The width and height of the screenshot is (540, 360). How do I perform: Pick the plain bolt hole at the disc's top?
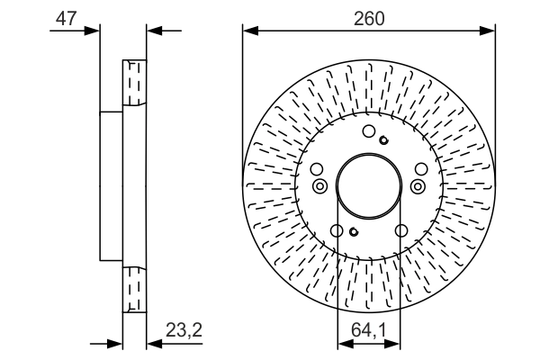click(x=368, y=132)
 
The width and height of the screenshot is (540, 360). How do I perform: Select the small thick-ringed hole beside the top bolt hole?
click(x=383, y=139)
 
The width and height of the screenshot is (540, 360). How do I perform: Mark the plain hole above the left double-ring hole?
click(x=315, y=169)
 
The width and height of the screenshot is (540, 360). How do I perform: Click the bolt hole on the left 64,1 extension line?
click(x=337, y=231)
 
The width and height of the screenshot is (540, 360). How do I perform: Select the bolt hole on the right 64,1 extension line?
click(x=400, y=231)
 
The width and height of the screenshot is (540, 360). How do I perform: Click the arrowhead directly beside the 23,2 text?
click(x=153, y=343)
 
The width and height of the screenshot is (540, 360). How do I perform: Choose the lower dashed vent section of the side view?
click(x=134, y=289)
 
